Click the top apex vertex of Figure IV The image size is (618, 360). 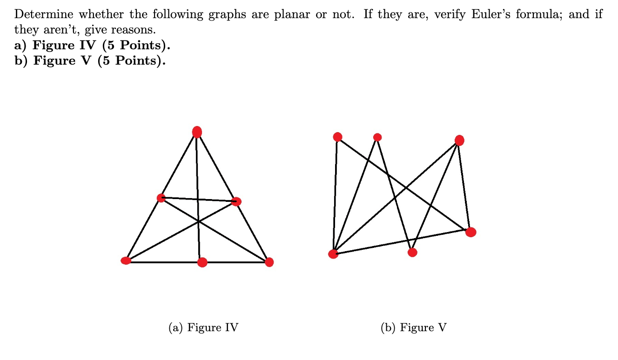[197, 132]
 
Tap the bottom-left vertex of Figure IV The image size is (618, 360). [126, 260]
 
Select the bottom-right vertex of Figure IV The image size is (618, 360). [269, 262]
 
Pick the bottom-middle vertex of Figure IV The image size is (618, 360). [202, 262]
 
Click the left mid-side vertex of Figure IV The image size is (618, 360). [161, 198]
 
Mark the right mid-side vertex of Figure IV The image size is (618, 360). [236, 201]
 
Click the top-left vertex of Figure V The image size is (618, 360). [337, 137]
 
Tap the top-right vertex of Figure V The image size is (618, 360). [459, 140]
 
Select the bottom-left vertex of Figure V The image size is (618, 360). [333, 253]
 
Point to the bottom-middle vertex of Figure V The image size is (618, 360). [412, 252]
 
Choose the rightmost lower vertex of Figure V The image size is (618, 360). [470, 232]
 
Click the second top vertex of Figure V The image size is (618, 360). [377, 137]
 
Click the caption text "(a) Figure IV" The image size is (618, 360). [203, 328]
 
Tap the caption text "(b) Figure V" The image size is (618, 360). [413, 328]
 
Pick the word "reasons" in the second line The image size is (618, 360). [134, 30]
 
